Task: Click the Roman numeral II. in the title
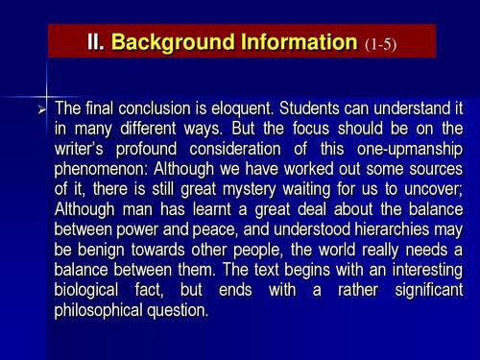click(x=97, y=42)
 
